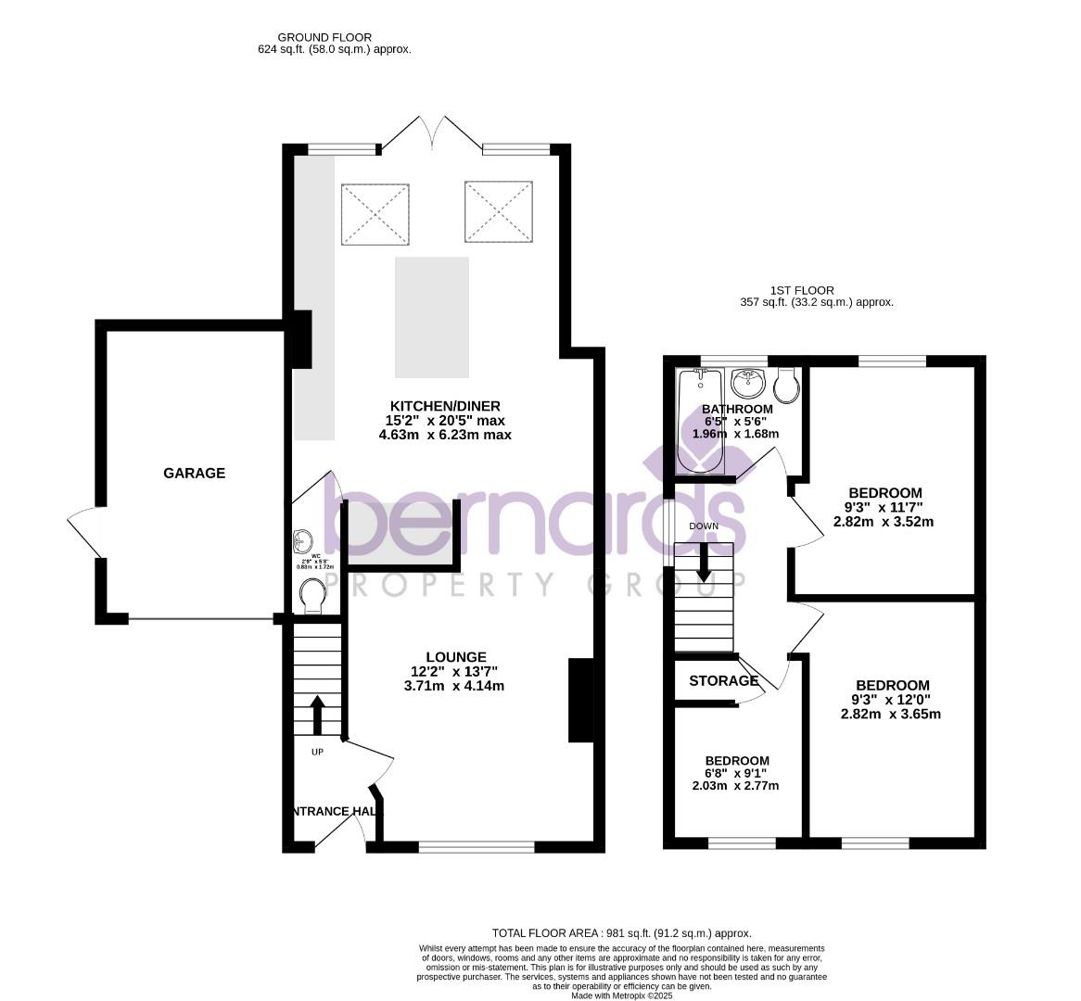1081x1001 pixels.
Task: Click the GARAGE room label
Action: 194,473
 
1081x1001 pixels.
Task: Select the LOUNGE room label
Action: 449,657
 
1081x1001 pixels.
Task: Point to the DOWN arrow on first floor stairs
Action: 704,562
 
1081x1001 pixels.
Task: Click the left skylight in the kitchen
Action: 375,214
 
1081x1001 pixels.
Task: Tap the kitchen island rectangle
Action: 431,318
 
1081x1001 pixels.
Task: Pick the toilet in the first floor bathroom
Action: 786,386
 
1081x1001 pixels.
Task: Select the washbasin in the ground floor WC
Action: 301,540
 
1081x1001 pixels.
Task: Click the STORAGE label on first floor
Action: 723,681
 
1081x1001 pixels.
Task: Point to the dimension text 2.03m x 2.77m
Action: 735,786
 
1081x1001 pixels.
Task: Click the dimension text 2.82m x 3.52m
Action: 883,522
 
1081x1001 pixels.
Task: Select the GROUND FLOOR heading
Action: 334,37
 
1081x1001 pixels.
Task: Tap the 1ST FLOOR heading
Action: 802,290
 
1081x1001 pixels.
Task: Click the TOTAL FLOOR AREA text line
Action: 620,933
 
